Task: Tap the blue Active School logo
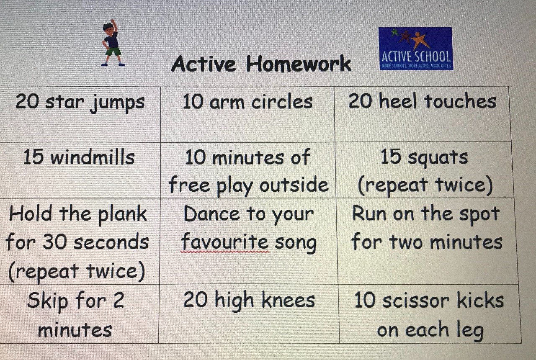(x=416, y=49)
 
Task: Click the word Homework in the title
(x=299, y=64)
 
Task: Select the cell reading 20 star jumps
(x=80, y=114)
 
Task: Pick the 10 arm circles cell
(x=247, y=114)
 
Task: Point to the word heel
(x=398, y=101)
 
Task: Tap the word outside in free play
(x=294, y=185)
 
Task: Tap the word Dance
(x=212, y=213)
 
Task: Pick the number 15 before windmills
(x=33, y=157)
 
